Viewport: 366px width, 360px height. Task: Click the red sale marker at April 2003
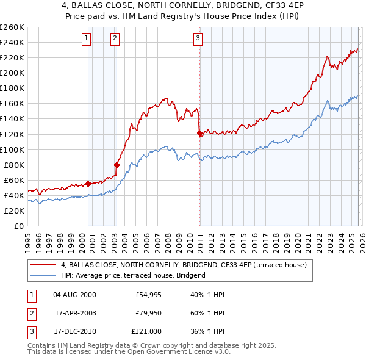click(x=117, y=164)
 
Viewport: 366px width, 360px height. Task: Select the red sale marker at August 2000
click(x=88, y=183)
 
